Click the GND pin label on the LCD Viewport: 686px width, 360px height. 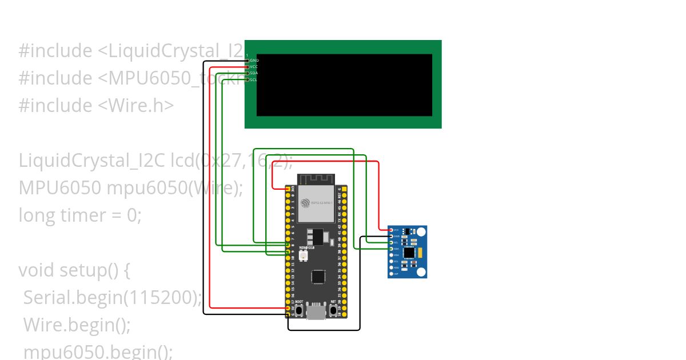pos(254,60)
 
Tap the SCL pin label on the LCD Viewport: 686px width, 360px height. pos(253,79)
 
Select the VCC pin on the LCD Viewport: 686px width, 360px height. pos(248,67)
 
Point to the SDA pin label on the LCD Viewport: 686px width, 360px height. pos(253,73)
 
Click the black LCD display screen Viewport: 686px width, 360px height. pos(344,85)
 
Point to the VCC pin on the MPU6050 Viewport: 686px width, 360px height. pos(391,230)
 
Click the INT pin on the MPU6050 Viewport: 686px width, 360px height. pos(391,274)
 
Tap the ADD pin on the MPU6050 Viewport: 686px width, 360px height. pos(391,267)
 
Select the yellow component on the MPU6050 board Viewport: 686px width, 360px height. pos(421,252)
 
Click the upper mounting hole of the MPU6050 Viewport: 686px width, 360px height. pos(421,231)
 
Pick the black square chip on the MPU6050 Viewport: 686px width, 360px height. pos(409,252)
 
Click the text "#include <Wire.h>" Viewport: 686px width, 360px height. pos(96,106)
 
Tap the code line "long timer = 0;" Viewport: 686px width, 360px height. pos(79,215)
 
